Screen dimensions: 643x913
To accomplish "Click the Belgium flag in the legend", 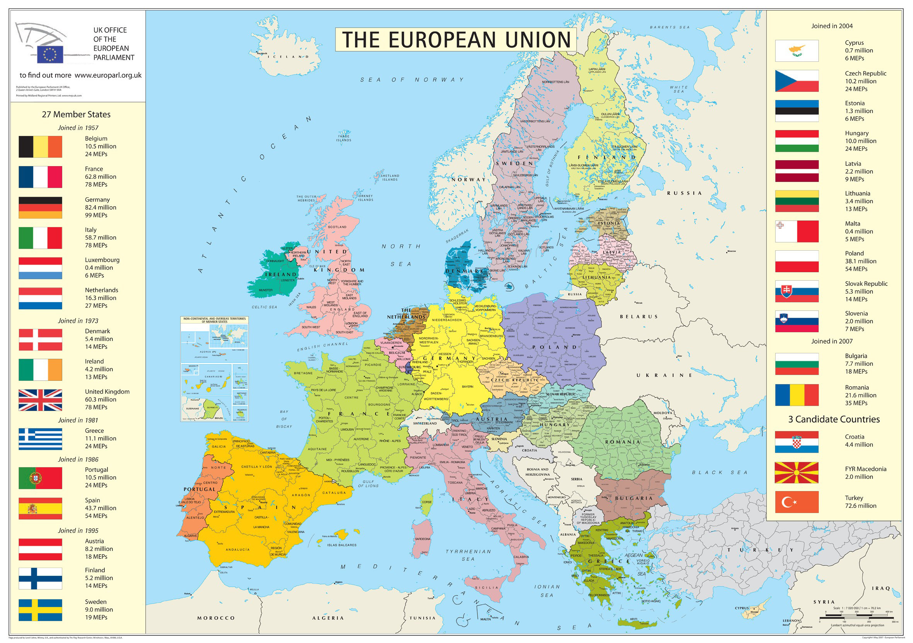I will [x=40, y=147].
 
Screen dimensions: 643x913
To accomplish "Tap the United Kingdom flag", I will [x=40, y=400].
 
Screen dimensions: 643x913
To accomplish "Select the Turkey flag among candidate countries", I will [x=797, y=502].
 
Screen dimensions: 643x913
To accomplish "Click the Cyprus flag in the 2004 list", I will [x=797, y=51].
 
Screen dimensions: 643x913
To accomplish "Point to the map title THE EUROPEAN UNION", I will [x=456, y=40].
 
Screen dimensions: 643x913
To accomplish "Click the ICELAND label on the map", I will [x=288, y=57].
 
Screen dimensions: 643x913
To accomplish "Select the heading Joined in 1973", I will [x=78, y=321].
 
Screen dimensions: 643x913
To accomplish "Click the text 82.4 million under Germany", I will [x=100, y=207].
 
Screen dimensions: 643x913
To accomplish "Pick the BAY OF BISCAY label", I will [x=284, y=419].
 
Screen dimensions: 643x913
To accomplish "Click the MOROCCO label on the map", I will [x=216, y=618].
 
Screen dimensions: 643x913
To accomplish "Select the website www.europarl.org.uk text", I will [x=108, y=75].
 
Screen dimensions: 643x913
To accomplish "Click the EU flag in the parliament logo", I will [x=50, y=54].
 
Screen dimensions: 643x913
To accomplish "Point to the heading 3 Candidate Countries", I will [x=834, y=419].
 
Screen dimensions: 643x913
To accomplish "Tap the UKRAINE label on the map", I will [x=664, y=375].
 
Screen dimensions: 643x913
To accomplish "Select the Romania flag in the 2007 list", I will [x=797, y=395].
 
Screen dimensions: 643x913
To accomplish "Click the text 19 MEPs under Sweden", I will [x=96, y=617].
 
